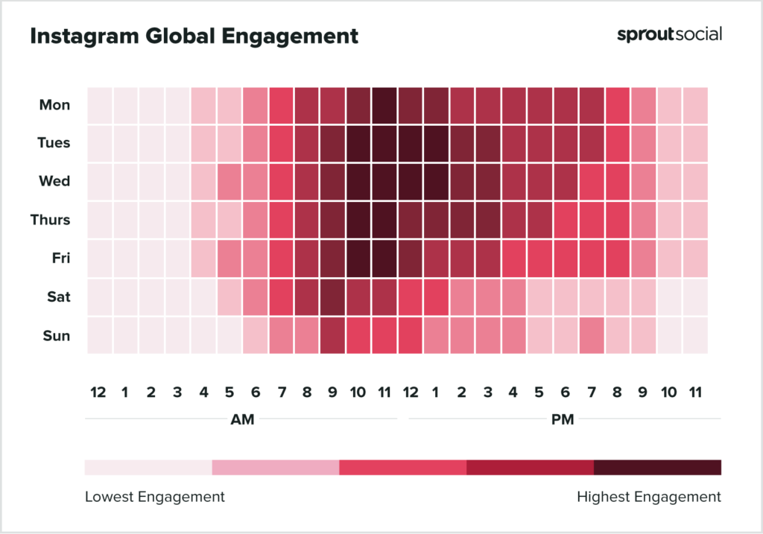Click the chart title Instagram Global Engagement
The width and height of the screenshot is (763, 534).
point(194,36)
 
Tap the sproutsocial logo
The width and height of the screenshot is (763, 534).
point(669,34)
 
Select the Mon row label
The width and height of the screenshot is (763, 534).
point(55,105)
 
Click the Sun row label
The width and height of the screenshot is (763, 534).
point(57,335)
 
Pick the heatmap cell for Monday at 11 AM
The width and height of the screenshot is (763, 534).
point(384,105)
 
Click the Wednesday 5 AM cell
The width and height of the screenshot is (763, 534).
point(229,182)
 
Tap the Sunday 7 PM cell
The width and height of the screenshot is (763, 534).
point(592,335)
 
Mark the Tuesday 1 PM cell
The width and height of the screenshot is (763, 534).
point(437,143)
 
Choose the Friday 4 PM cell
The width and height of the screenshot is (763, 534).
point(514,258)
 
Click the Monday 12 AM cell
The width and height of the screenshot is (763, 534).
point(100,105)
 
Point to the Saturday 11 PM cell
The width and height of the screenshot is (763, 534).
point(695,296)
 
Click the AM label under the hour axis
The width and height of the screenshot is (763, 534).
point(242,419)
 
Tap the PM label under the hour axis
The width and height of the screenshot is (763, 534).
point(563,419)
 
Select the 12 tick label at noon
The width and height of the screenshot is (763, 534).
point(411,392)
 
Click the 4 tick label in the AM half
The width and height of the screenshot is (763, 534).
point(203,392)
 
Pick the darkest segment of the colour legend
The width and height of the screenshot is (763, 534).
point(657,467)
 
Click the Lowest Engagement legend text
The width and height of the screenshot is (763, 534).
point(154,497)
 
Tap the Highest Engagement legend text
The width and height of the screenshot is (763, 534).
point(648,497)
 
